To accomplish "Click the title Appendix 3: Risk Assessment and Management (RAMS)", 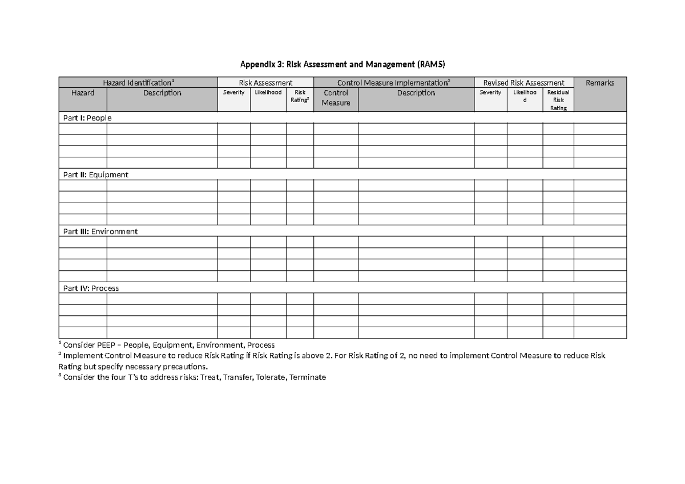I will [x=342, y=63].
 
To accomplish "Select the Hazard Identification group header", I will [x=138, y=83].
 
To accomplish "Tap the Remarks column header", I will [x=600, y=83].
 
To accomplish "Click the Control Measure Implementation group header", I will [x=393, y=83].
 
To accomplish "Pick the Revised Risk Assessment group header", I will [x=523, y=83].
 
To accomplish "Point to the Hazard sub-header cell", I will [x=83, y=93].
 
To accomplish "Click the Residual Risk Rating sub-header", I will [x=558, y=100].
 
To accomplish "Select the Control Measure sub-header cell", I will [x=336, y=97].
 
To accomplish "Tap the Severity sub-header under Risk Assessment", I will [x=233, y=92].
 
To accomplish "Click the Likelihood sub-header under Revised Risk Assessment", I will [x=525, y=96].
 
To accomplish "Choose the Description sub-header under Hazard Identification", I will [x=162, y=93].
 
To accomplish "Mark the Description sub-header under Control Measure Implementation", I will [x=416, y=93].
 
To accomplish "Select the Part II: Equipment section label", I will [x=95, y=175].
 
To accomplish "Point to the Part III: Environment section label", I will [x=100, y=231].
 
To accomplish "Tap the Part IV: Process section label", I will [x=91, y=288].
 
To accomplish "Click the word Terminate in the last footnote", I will [x=308, y=377].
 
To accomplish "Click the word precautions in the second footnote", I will [x=186, y=367].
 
